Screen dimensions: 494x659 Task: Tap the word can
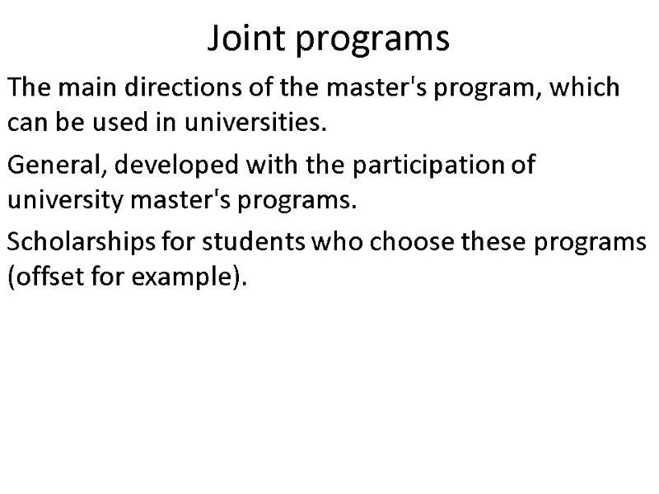click(x=25, y=124)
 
